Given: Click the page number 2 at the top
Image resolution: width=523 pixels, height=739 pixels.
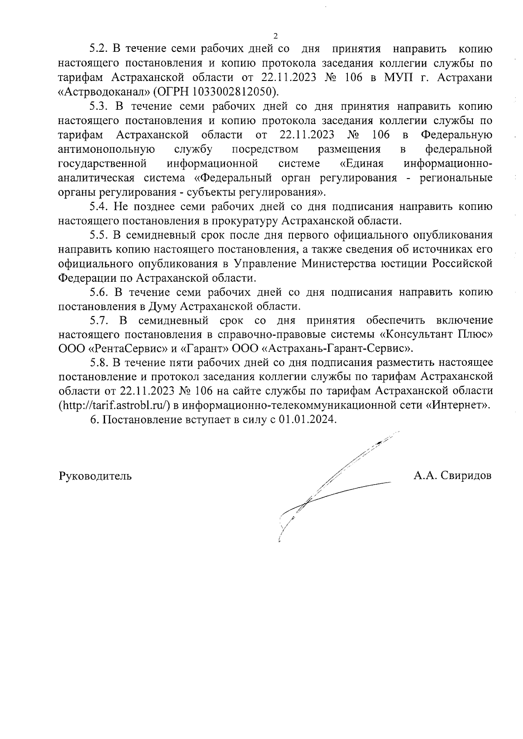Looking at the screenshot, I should (275, 36).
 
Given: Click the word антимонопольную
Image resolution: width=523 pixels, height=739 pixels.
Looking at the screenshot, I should (107, 149).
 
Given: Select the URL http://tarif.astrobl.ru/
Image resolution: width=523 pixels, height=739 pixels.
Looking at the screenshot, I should (114, 406).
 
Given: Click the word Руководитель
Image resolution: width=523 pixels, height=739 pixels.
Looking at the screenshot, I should (95, 476).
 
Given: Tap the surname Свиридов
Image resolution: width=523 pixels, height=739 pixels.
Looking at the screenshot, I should (466, 476).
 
